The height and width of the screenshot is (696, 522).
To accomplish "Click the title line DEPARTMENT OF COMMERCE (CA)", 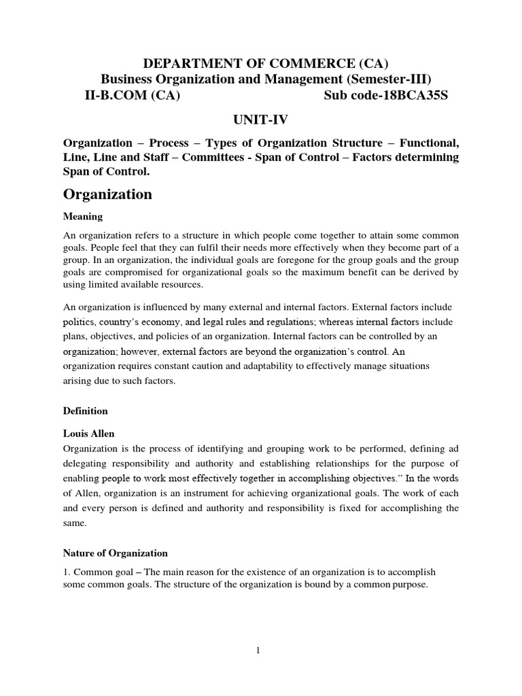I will [260, 63].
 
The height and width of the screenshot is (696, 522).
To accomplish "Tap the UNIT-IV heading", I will [260, 120].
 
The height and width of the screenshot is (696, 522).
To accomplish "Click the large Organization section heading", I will [107, 194].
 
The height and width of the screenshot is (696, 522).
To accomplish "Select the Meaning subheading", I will [82, 217].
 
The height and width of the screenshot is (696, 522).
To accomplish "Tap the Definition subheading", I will [85, 411].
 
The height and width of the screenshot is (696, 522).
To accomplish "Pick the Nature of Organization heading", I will [115, 553].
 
